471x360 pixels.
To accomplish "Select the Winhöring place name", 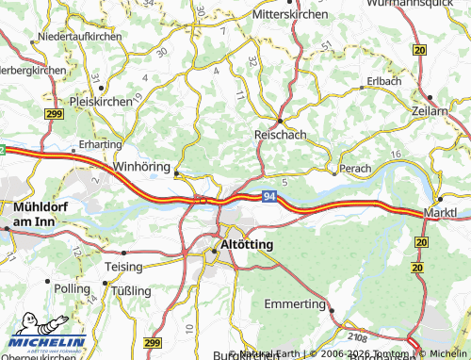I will point(140,166).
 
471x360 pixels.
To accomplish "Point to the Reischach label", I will point(280,136).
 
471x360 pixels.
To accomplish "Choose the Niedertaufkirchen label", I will point(77,36).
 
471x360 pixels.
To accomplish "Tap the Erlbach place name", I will point(385,81).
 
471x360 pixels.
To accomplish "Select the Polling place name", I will point(73,287).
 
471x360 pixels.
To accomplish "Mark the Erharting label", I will point(100,144).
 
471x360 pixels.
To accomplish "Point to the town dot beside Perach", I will point(334,172).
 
